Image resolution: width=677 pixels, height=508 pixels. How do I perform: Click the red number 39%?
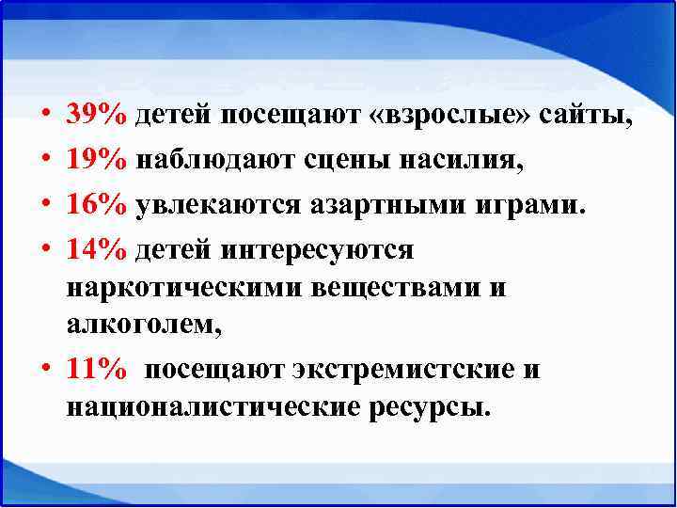pos(97,116)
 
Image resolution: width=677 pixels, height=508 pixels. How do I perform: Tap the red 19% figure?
pos(97,161)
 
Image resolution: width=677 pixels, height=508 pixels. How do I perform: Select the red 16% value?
pos(97,205)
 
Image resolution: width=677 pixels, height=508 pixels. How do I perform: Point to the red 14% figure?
pos(97,250)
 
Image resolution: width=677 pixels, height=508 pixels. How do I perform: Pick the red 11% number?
pos(97,369)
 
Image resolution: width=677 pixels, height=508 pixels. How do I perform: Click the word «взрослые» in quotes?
pos(450,116)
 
